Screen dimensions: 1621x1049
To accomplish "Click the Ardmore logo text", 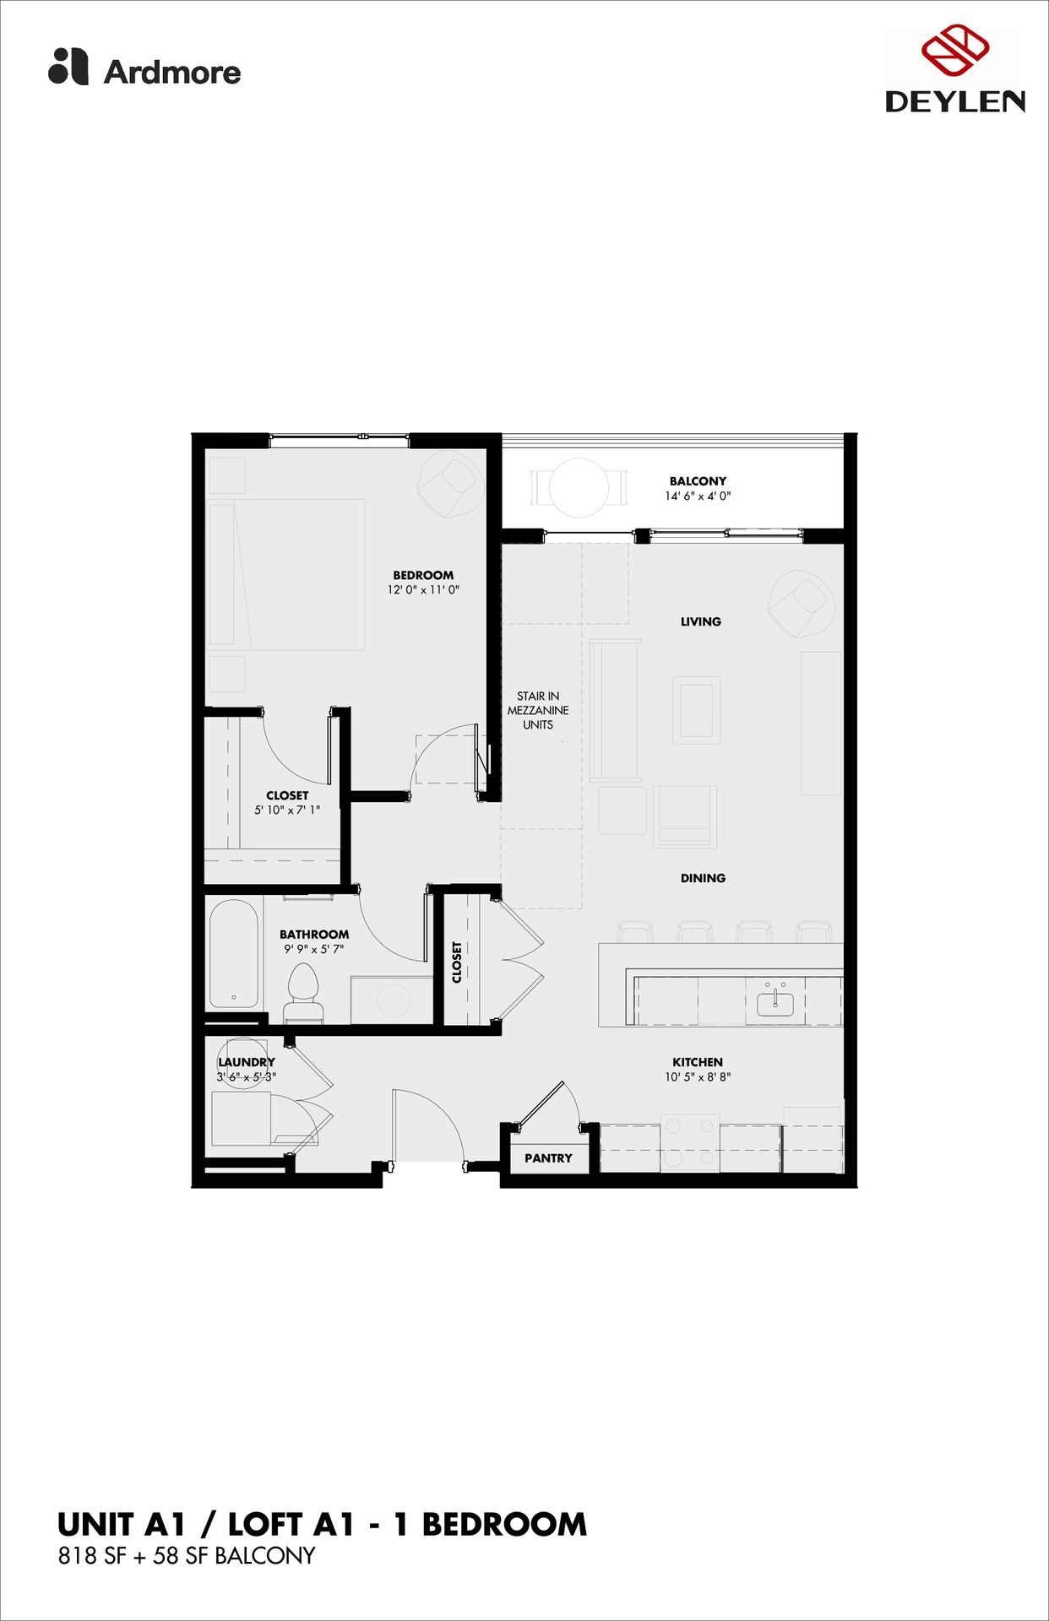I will (171, 72).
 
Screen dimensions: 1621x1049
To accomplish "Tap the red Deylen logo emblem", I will (955, 50).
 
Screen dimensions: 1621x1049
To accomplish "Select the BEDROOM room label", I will (423, 575).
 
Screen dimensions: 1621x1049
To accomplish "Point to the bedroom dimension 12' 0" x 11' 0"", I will (423, 590).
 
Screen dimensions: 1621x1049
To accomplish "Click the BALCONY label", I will (698, 481).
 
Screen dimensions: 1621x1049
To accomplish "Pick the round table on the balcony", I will (579, 487).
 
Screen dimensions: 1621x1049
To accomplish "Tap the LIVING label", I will (701, 621).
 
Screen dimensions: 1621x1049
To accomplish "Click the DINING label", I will (703, 878).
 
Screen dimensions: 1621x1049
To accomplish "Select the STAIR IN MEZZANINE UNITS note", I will (538, 710).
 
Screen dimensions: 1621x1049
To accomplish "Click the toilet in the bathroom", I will (302, 992).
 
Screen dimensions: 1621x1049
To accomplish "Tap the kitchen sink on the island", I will (775, 1003).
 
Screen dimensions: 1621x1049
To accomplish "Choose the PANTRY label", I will (548, 1158).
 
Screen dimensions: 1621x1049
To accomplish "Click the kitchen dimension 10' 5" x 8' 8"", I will (697, 1077).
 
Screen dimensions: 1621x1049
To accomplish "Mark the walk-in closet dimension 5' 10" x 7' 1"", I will (287, 810).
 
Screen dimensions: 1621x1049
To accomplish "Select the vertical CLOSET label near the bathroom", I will (457, 962).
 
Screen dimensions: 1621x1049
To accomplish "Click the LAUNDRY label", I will (247, 1062).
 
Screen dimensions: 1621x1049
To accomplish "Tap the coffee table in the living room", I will (696, 710).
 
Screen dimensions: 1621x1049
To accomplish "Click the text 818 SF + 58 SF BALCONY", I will (186, 1555).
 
